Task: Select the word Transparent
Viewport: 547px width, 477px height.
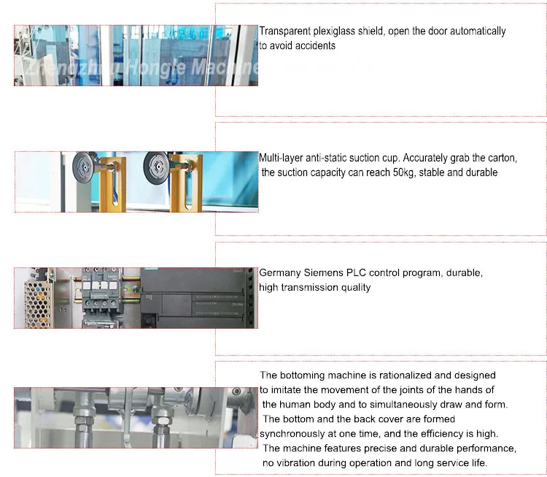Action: [284, 31]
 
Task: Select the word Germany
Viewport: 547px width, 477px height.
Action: [280, 273]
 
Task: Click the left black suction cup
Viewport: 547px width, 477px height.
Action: [84, 168]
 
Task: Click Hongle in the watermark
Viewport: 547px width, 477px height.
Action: [156, 67]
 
